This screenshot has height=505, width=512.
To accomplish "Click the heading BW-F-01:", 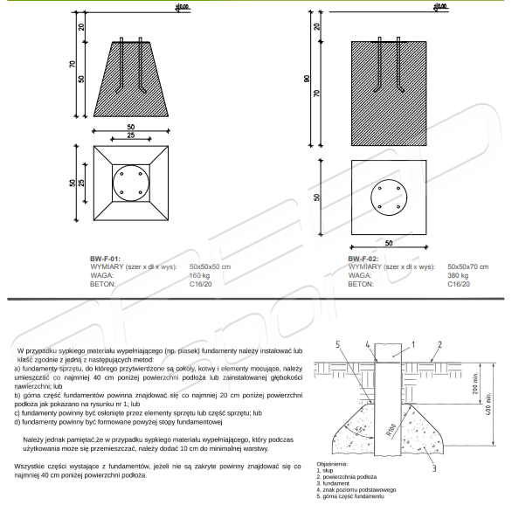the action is [105, 259].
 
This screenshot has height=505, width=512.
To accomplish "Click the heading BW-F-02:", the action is [363, 259].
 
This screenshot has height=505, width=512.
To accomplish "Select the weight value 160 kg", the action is [199, 275].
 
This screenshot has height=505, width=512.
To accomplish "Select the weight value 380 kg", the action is [458, 275].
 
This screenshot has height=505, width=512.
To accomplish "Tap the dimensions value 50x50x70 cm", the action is [468, 266].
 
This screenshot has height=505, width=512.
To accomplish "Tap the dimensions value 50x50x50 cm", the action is [210, 266].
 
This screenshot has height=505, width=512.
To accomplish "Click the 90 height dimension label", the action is [307, 79].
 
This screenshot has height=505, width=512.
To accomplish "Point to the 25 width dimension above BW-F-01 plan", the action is [130, 135].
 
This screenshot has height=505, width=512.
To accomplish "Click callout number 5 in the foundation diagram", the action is [337, 344].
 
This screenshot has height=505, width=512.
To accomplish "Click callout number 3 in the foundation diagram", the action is [434, 468].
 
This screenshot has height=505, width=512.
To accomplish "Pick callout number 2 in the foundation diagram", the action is [439, 344].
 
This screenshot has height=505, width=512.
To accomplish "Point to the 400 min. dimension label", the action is [488, 404].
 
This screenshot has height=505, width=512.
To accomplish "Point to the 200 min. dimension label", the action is [475, 383].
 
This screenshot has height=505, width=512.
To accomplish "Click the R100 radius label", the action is [391, 430].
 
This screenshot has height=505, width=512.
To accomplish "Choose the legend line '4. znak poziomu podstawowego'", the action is [356, 489].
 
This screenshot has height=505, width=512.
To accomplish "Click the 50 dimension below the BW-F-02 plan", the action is [389, 243].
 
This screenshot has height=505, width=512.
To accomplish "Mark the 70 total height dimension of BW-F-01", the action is [73, 64].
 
